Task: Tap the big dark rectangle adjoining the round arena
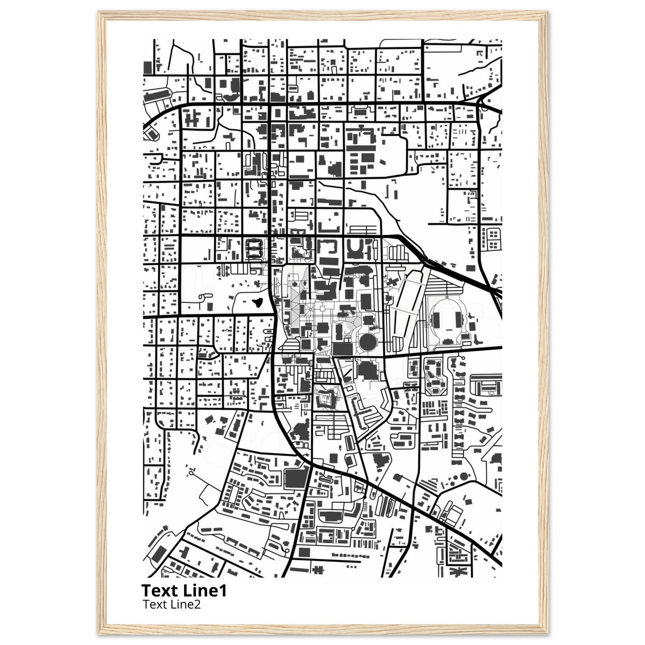point(343,349)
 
